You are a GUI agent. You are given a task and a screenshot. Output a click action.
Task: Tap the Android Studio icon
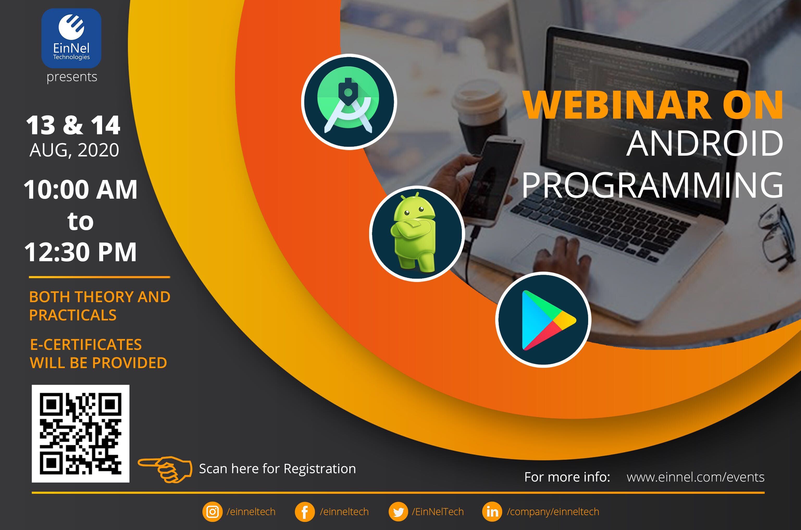point(349,102)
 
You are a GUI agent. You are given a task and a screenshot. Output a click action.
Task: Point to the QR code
point(80,433)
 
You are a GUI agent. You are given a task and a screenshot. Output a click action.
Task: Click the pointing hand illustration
point(165,468)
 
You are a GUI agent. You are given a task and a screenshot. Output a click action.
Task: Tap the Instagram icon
point(212,512)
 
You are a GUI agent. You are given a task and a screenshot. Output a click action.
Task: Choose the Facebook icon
point(305,512)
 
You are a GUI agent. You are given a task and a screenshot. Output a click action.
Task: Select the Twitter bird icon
point(398,512)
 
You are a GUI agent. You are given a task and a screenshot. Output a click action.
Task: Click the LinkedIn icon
point(492,512)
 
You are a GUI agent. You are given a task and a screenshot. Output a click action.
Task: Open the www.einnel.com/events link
point(695,477)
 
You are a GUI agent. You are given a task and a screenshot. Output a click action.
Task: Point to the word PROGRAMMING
point(652,185)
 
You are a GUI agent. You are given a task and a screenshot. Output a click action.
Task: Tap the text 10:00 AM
point(80,189)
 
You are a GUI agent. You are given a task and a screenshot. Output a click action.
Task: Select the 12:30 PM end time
point(80,252)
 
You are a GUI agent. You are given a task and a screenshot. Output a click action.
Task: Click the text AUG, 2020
point(74,150)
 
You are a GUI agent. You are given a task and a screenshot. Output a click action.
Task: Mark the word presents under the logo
point(72,77)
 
